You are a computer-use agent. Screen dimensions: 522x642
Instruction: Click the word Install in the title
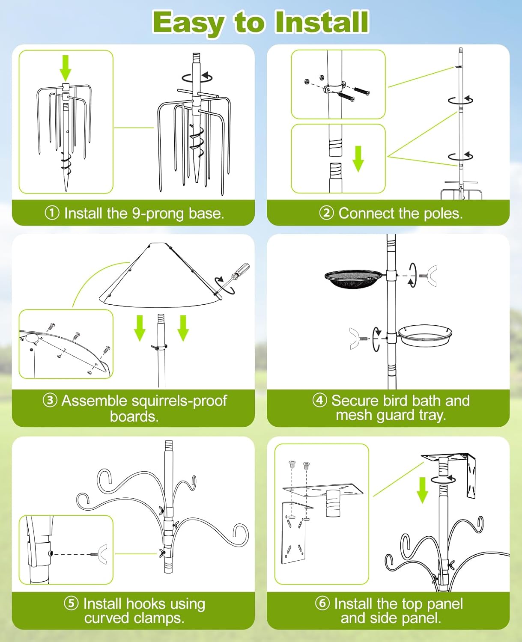click(321, 22)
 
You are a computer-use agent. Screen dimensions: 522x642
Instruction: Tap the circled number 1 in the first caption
click(52, 213)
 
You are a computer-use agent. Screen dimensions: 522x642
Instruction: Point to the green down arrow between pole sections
click(358, 158)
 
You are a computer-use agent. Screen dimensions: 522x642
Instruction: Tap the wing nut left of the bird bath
click(355, 339)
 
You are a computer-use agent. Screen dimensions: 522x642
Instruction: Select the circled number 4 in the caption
click(319, 400)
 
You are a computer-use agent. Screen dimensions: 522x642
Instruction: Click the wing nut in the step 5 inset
click(101, 554)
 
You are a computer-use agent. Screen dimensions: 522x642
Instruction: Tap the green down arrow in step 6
click(422, 490)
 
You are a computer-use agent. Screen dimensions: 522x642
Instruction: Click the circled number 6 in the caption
click(322, 603)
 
